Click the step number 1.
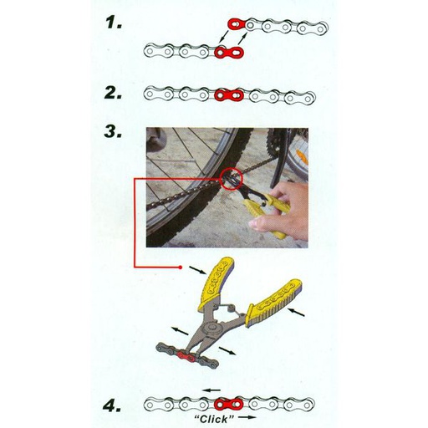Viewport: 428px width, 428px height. click(x=114, y=22)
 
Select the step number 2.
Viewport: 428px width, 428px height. click(x=114, y=93)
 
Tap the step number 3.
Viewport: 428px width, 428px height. click(x=114, y=131)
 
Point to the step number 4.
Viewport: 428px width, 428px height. click(x=112, y=406)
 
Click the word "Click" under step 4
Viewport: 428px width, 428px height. click(x=214, y=419)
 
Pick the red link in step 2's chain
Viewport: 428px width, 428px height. click(x=229, y=95)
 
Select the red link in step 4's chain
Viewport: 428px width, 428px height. click(x=228, y=404)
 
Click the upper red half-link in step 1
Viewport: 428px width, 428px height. click(x=237, y=24)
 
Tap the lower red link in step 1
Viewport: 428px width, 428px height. click(x=229, y=52)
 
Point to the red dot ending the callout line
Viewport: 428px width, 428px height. click(x=181, y=267)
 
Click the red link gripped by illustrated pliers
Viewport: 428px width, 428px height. click(x=186, y=357)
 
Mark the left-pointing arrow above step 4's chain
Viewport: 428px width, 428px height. click(x=211, y=390)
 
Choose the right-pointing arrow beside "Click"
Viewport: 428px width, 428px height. click(x=247, y=417)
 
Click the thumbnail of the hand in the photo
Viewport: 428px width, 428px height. click(x=258, y=223)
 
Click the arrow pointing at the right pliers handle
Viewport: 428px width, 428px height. click(x=296, y=313)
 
